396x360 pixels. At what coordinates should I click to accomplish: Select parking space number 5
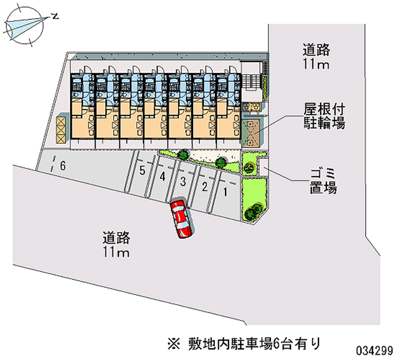point(142,171)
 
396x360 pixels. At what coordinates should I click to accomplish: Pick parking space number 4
point(162,176)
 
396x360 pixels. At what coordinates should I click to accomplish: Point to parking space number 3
point(183,182)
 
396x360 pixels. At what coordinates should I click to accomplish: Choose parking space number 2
point(204,187)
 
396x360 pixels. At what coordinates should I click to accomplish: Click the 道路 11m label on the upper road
point(317,56)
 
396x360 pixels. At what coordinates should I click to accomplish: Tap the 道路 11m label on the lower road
point(116,245)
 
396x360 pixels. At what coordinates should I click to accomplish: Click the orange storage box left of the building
point(62,128)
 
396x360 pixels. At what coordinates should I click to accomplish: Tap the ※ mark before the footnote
point(174,342)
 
